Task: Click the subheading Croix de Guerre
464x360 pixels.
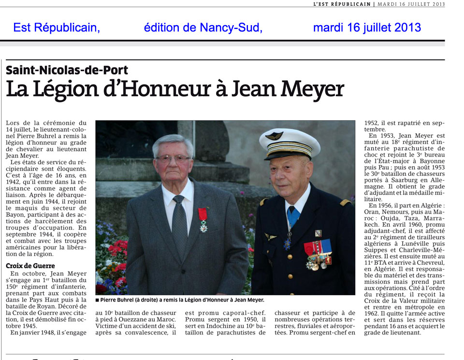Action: (30, 265)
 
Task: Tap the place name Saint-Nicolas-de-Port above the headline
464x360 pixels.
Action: (67, 70)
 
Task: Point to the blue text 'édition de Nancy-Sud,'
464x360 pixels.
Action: (203, 28)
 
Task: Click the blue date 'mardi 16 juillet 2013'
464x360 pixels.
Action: (367, 28)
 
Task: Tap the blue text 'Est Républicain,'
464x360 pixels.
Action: (57, 28)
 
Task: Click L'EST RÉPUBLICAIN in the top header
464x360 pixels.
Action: (342, 4)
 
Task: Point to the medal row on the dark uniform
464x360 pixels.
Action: (318, 255)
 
